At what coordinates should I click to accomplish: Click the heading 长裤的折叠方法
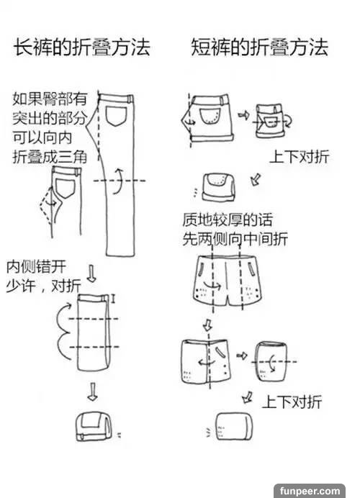point(81,47)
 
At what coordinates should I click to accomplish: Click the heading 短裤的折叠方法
point(259,47)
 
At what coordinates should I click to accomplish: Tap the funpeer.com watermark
point(310,491)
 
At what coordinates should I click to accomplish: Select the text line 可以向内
point(42,137)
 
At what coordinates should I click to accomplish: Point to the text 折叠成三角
point(50,157)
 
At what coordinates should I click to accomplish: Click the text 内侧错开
point(36,266)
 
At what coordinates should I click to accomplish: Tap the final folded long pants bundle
point(94,427)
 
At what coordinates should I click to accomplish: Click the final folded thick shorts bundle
point(235,426)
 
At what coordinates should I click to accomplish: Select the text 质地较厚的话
point(228,219)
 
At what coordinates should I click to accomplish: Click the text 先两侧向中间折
point(235,239)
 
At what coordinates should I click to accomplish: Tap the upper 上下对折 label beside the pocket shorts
point(300,157)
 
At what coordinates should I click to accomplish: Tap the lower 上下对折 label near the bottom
point(292,402)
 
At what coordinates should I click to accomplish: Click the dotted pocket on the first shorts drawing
point(210,117)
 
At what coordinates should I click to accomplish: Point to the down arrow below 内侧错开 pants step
point(92,273)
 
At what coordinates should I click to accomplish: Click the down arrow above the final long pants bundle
point(92,391)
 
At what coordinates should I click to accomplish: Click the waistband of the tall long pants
point(117,98)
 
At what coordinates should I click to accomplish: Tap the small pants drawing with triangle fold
point(61,201)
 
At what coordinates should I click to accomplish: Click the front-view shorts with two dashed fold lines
point(228,280)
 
